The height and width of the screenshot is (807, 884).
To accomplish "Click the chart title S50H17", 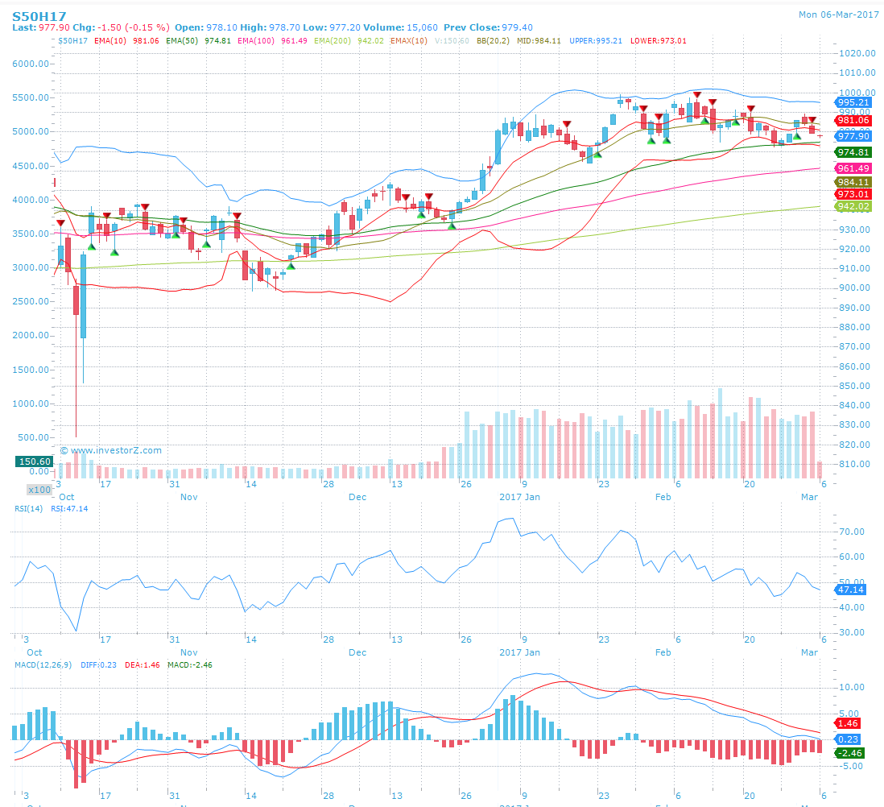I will (39, 14).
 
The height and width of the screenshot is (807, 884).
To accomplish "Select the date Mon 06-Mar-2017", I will (837, 14).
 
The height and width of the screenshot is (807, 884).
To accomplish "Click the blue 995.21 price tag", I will (853, 102).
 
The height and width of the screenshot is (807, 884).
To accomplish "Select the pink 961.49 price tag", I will (853, 168).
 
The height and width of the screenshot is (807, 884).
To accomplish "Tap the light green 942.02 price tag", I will (853, 206).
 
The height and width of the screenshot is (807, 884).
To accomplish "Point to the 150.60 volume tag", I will (35, 461).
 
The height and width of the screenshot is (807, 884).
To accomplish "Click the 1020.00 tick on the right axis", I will (857, 53).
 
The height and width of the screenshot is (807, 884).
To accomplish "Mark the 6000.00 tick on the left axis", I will (33, 63).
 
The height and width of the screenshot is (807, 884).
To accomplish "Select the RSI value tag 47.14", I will (853, 590).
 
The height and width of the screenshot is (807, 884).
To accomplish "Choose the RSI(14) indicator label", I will (30, 509).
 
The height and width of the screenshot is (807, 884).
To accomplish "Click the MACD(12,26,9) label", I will (43, 664).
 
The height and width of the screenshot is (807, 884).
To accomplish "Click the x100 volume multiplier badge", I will (39, 490).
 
